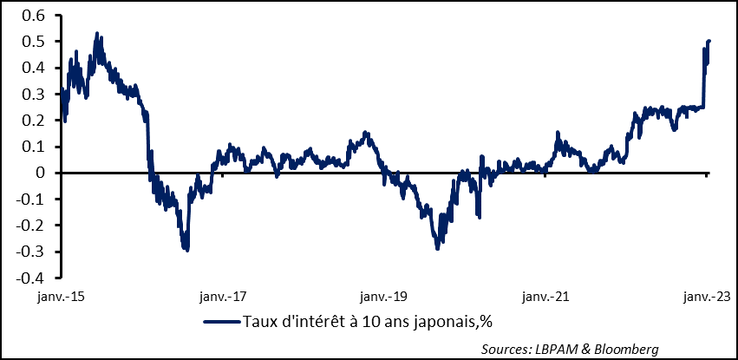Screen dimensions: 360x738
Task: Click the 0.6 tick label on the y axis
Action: pos(31,15)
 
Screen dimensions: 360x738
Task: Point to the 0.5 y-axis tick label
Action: pos(31,42)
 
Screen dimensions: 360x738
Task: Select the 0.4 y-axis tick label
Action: pos(31,68)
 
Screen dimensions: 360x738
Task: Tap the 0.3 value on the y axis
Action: pos(31,94)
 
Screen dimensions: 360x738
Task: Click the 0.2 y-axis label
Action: pos(31,121)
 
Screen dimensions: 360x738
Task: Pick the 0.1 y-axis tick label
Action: pos(31,147)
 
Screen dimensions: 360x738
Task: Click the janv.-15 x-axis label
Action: pos(60,298)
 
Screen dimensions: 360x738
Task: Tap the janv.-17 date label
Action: pos(222,298)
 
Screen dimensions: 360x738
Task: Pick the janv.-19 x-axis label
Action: pos(384,298)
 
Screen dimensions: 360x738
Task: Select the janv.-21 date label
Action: pos(545,298)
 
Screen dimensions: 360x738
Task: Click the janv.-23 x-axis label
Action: pos(705,298)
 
